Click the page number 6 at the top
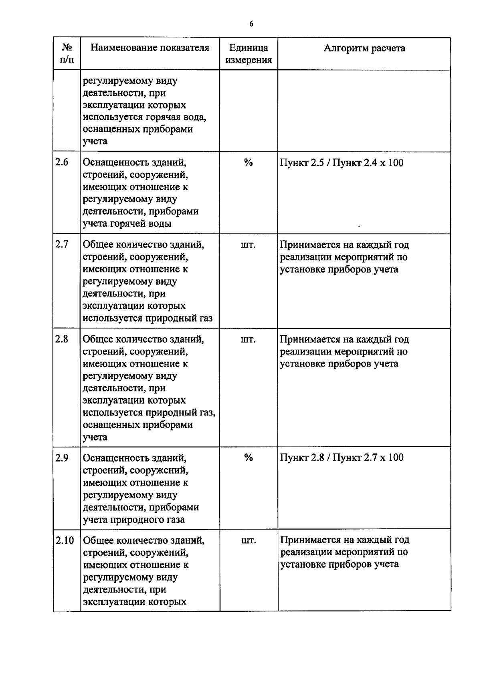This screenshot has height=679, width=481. tap(251, 24)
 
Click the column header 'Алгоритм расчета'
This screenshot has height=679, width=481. tap(364, 48)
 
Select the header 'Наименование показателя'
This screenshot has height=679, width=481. tap(150, 48)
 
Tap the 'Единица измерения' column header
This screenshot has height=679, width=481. tap(249, 54)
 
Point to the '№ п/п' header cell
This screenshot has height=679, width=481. tap(67, 54)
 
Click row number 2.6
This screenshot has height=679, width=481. tap(62, 162)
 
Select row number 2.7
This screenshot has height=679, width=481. tap(62, 244)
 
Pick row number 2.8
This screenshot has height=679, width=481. tap(62, 339)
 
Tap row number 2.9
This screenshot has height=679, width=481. tap(62, 457)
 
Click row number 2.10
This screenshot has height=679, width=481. tap(65, 540)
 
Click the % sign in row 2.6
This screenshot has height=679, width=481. tap(249, 163)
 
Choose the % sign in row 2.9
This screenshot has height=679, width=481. tap(249, 458)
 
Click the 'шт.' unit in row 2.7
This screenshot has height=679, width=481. tap(248, 245)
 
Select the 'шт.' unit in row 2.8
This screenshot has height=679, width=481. tap(248, 339)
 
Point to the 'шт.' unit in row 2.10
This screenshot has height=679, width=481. tap(249, 541)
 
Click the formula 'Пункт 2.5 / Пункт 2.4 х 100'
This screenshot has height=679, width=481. tap(342, 163)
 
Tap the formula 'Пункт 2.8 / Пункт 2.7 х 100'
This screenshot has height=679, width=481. tap(342, 458)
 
